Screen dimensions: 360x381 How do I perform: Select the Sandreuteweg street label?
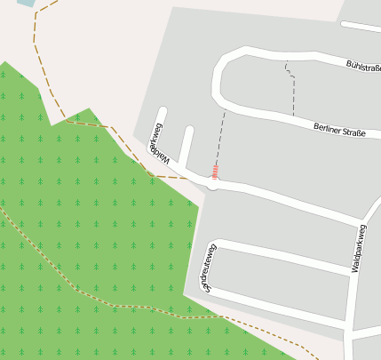tap(207, 268)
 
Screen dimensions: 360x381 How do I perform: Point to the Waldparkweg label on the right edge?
tap(359, 248)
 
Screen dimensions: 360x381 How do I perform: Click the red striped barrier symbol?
tap(215, 169)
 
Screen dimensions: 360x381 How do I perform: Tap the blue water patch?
tap(25, 3)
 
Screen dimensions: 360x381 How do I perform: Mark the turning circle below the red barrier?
tap(214, 183)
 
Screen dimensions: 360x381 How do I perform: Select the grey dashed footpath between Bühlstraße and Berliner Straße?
tap(292, 89)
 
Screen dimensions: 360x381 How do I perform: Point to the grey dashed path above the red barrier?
tap(221, 133)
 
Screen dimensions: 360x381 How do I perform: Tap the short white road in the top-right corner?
tap(360, 28)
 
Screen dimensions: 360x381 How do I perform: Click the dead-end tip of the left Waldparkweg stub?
tap(163, 112)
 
